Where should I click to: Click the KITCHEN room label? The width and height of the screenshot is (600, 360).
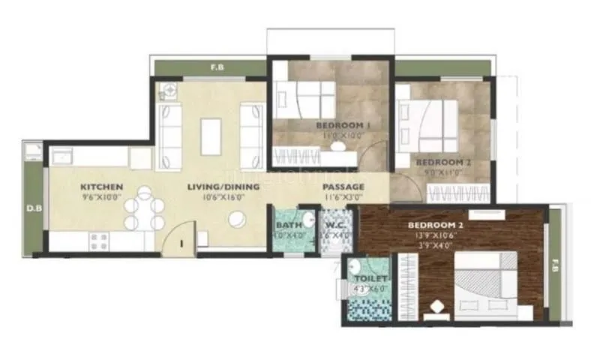[x=102, y=187]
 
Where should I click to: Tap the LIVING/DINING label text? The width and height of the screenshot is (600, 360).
[x=223, y=187]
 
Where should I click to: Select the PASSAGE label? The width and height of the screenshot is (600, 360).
[x=343, y=187]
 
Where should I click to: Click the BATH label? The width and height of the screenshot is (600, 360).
[x=288, y=225]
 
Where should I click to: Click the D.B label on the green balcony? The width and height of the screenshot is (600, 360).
[x=33, y=208]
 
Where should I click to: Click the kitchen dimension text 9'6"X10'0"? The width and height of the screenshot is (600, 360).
[x=102, y=198]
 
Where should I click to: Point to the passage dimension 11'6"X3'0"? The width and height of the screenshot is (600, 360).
[x=343, y=198]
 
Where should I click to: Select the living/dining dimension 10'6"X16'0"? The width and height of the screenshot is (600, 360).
[x=223, y=198]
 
